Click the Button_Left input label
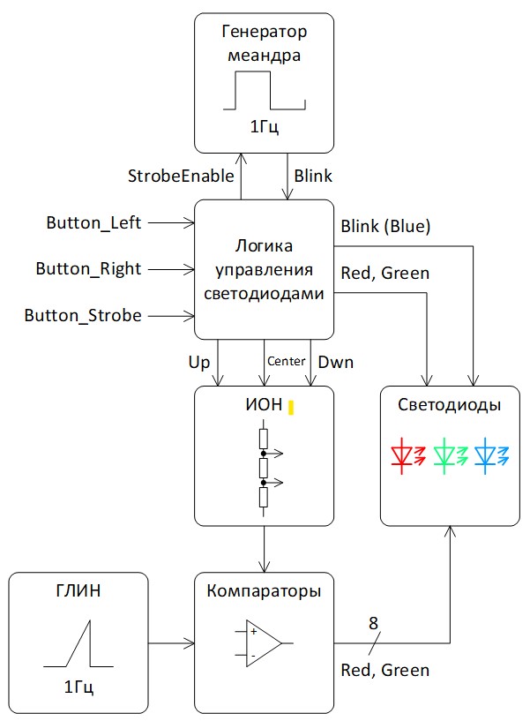(94, 223)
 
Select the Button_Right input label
(88, 268)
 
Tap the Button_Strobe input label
(83, 314)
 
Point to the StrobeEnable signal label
(181, 175)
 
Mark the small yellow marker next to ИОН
(289, 409)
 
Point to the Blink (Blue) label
(385, 227)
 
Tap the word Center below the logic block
(286, 361)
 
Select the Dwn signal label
(335, 361)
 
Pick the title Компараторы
(265, 590)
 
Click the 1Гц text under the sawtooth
(79, 687)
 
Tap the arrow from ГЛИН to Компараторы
(171, 642)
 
